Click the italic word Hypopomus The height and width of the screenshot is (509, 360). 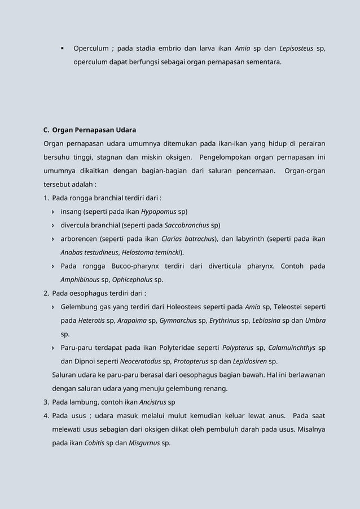159,212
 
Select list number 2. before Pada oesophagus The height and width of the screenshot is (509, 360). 46,293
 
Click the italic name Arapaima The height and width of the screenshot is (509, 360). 132,321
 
